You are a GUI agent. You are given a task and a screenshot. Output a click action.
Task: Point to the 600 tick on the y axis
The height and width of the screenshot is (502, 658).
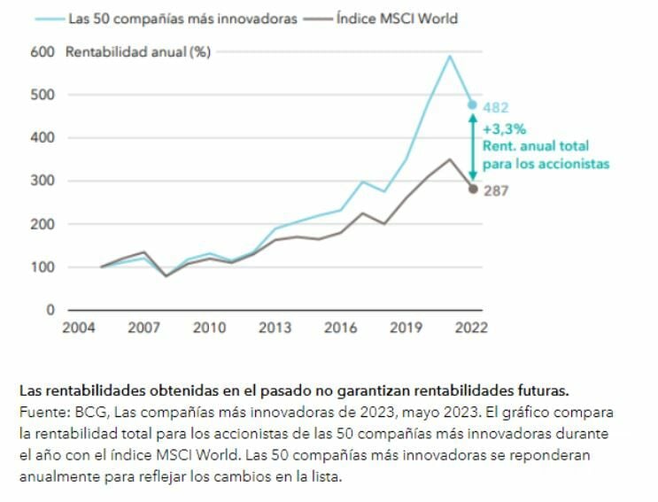point(42,51)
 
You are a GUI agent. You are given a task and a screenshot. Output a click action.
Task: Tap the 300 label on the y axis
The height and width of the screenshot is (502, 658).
point(42,181)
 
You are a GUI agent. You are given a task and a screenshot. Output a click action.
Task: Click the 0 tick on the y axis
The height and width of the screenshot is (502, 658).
point(50,310)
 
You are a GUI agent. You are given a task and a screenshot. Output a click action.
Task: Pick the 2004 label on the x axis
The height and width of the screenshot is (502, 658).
point(78,328)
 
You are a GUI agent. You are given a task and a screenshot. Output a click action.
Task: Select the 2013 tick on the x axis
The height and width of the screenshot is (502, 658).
point(275,328)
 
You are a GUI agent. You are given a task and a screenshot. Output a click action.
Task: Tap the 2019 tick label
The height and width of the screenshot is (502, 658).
point(406,328)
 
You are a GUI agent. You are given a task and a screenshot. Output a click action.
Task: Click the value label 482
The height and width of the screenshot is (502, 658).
point(497,108)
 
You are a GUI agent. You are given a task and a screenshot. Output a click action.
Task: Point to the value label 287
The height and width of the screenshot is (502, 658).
point(497,189)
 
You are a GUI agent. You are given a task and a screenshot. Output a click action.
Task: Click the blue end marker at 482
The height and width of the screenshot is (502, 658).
point(473,104)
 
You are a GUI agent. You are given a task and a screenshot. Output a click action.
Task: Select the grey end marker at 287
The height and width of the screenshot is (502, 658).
point(473,189)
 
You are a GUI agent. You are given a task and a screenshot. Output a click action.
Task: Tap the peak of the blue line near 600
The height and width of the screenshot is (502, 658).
point(450,56)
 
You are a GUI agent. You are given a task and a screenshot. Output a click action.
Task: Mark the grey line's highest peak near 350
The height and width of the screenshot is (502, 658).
point(451,159)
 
